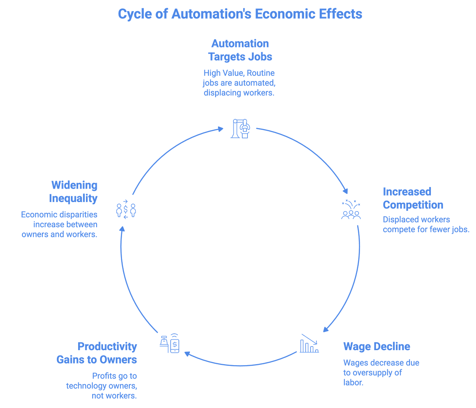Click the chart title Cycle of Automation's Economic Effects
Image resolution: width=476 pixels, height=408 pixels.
pos(240,14)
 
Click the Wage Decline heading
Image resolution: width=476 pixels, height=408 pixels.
pos(376,346)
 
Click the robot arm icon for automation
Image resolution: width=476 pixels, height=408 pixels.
pos(241,128)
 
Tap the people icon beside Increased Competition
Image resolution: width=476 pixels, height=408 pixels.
pos(351,209)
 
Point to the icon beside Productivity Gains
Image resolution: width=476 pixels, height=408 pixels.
pos(170,344)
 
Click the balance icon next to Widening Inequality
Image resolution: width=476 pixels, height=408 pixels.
pos(126,210)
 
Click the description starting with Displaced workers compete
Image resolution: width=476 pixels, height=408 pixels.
pos(426,224)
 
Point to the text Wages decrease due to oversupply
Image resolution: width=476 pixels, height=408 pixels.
pos(381,372)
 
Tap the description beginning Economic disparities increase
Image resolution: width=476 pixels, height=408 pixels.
pos(59,224)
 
